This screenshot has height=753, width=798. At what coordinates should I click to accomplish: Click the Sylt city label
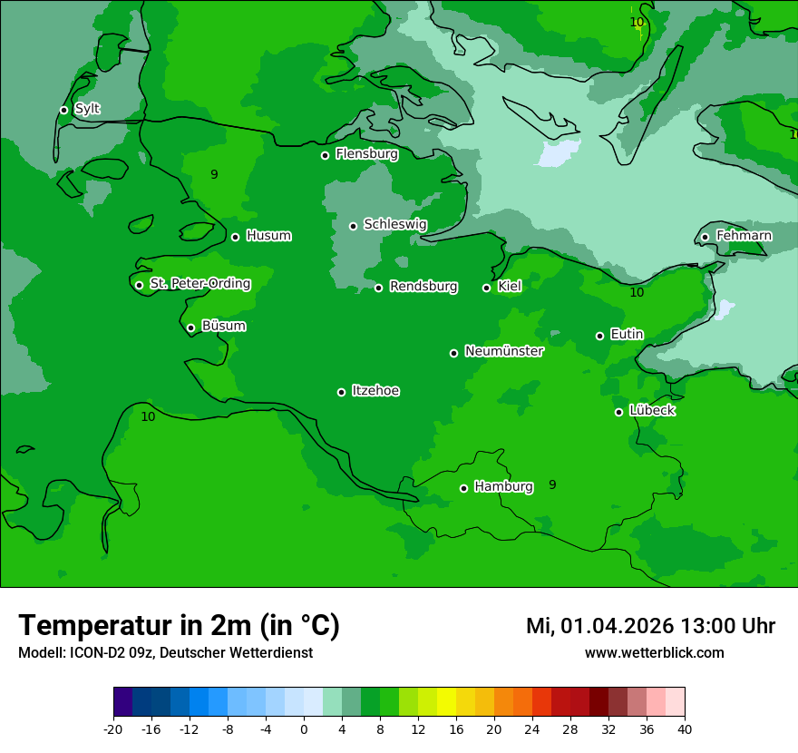pyautogui.click(x=87, y=109)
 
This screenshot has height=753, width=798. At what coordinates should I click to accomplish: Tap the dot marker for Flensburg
pyautogui.click(x=325, y=155)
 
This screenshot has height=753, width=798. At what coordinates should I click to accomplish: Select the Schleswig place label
pyautogui.click(x=394, y=224)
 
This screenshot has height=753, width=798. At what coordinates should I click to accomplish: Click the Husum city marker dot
pyautogui.click(x=235, y=237)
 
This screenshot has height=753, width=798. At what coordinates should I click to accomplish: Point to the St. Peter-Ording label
pyautogui.click(x=199, y=283)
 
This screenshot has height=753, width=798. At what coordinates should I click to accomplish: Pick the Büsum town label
pyautogui.click(x=223, y=326)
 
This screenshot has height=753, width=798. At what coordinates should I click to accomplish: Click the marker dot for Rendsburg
pyautogui.click(x=378, y=288)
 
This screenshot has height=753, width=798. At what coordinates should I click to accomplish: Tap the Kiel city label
pyautogui.click(x=510, y=286)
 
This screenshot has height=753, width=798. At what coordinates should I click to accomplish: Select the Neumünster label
pyautogui.click(x=503, y=351)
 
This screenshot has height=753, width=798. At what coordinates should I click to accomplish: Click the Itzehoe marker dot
pyautogui.click(x=341, y=392)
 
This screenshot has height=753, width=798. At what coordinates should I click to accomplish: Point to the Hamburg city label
pyautogui.click(x=503, y=486)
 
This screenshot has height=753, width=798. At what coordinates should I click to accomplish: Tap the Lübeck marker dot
pyautogui.click(x=618, y=412)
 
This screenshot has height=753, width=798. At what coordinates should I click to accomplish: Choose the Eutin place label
pyautogui.click(x=627, y=334)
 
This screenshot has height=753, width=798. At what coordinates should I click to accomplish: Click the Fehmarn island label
pyautogui.click(x=744, y=236)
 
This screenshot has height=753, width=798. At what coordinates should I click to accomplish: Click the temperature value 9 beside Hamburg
pyautogui.click(x=552, y=484)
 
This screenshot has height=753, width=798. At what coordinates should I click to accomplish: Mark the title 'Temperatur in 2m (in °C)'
pyautogui.click(x=179, y=625)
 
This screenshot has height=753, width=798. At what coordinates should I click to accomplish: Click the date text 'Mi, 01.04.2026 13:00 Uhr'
pyautogui.click(x=650, y=626)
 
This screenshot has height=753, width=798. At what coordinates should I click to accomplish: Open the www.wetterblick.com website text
pyautogui.click(x=654, y=652)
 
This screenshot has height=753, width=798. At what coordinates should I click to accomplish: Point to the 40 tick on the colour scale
pyautogui.click(x=685, y=729)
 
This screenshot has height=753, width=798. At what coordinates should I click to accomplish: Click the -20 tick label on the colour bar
pyautogui.click(x=113, y=729)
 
